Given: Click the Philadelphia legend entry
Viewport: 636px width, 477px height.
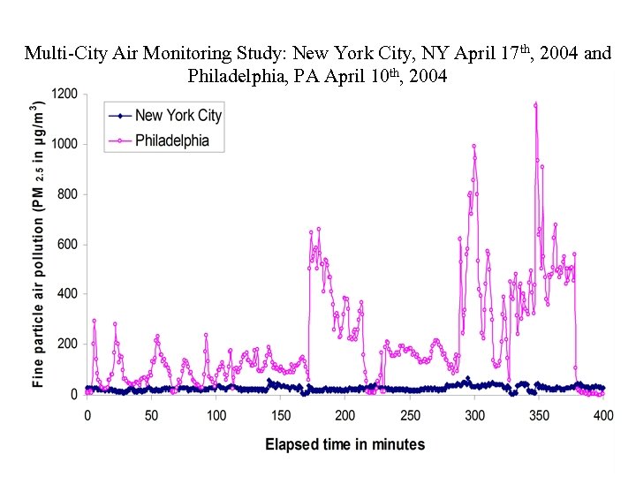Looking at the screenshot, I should [171, 140].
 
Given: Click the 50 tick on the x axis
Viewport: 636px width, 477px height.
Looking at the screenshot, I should [151, 415].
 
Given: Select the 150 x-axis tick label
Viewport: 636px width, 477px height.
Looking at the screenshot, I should [281, 415].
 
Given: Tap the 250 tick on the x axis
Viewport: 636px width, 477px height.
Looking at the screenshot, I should [410, 415].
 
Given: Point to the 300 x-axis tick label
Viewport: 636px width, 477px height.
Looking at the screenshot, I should [474, 415].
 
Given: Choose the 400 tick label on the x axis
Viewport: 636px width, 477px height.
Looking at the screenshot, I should [603, 415].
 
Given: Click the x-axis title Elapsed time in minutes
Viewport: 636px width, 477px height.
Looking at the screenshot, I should [344, 444].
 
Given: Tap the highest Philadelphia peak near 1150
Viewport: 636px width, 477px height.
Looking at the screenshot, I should [535, 105].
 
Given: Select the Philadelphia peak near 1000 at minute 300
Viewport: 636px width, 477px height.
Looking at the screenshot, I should [473, 147].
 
